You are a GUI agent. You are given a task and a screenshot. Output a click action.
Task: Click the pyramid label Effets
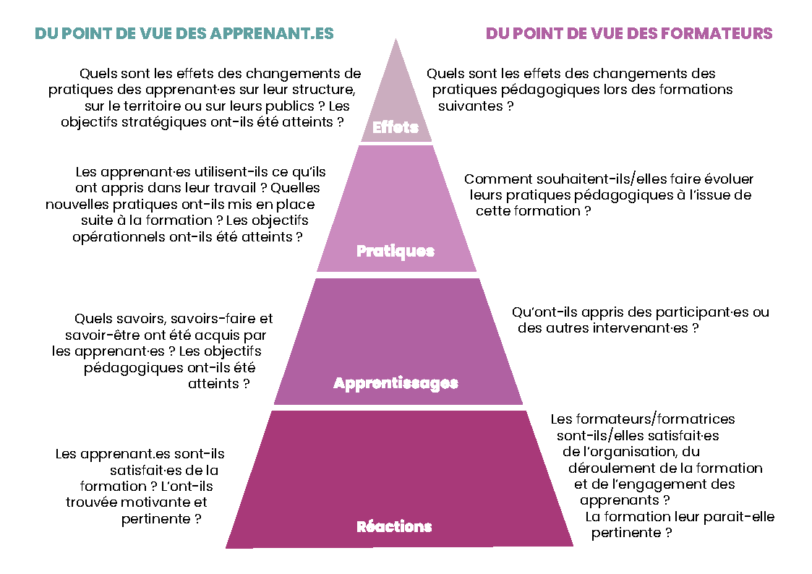395,127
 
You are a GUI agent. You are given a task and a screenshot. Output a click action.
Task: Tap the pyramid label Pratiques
395,251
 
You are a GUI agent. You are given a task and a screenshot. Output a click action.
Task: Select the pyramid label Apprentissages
396,383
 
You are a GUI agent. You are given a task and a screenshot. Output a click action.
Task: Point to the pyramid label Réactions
394,526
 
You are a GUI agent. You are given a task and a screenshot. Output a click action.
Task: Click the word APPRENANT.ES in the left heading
272,33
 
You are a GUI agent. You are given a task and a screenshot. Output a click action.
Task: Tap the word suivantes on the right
470,106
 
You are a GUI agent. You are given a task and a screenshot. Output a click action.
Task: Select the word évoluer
728,179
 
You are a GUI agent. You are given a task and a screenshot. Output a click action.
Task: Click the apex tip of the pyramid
396,39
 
